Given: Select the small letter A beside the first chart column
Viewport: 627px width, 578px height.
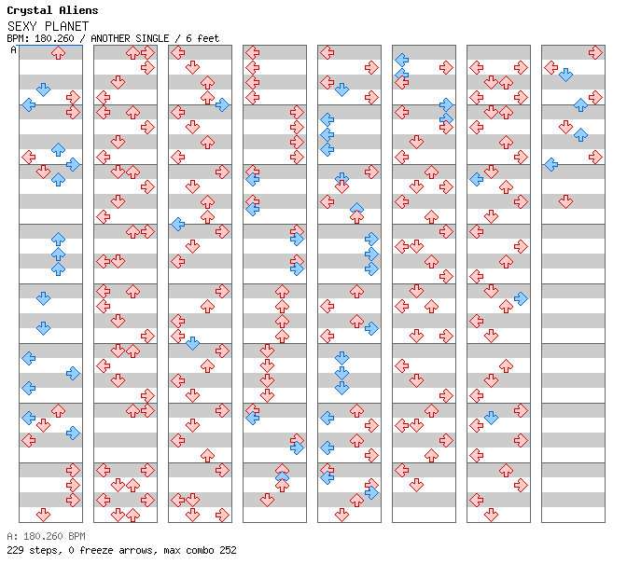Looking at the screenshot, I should point(13,49).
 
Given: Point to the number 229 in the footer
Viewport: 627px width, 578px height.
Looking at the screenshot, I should point(15,550).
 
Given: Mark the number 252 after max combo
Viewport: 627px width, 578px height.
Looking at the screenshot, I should point(227,550).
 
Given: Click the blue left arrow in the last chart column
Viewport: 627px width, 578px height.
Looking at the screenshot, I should point(551,165).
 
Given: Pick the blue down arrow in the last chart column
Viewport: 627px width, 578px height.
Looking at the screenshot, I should point(566,76).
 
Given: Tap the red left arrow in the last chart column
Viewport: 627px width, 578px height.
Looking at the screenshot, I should point(551,68).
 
